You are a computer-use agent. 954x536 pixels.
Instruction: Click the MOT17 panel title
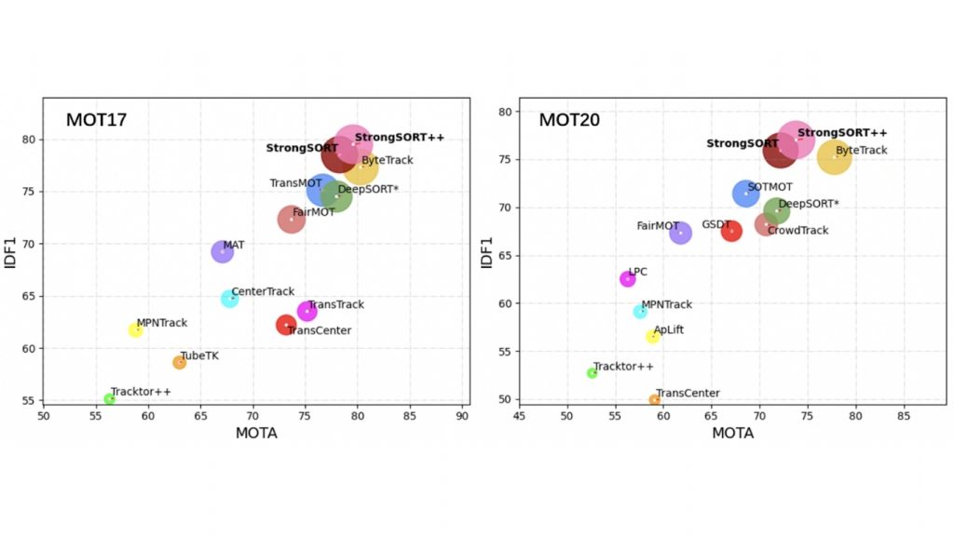96,120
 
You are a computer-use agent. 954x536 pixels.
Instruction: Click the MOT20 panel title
569,120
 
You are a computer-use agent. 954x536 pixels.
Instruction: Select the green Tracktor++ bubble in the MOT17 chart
109,399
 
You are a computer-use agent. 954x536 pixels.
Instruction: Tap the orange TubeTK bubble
179,362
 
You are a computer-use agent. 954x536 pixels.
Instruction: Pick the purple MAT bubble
222,251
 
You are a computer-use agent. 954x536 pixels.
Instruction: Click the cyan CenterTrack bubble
229,299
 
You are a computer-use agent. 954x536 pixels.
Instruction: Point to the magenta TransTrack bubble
307,311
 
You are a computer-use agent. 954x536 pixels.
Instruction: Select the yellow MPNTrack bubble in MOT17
136,329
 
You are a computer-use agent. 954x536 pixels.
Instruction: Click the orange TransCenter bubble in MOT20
655,400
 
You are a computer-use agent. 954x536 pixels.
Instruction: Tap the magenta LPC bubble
628,279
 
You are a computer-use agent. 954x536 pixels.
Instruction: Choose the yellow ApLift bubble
653,337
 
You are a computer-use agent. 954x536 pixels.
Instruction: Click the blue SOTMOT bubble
745,194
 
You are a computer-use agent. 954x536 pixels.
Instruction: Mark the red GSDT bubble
731,230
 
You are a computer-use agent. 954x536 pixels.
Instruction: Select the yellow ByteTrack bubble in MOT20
835,158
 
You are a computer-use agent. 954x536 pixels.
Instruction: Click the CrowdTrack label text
797,231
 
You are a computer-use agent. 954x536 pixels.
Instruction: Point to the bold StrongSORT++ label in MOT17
399,138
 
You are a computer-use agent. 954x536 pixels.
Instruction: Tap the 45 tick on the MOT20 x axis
519,417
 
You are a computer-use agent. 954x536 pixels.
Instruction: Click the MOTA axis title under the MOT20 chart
733,434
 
